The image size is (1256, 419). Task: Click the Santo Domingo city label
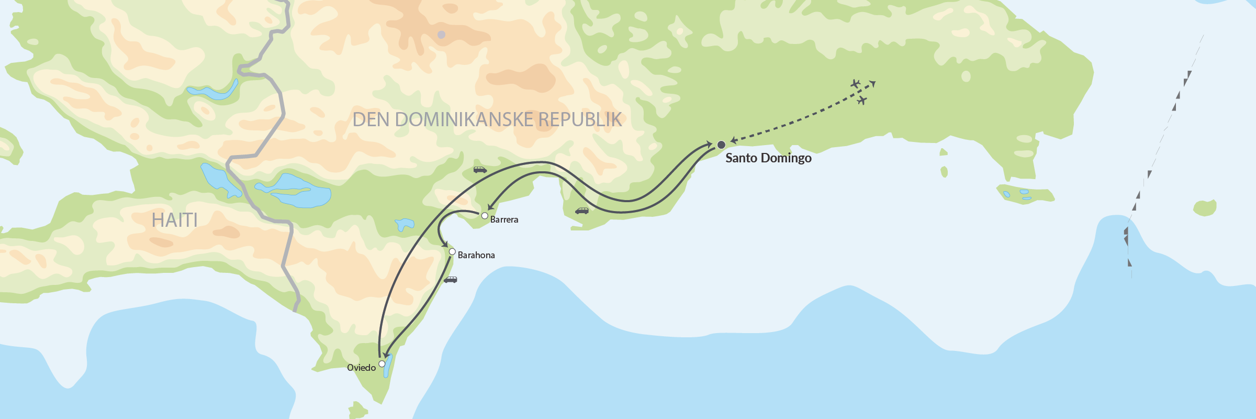[768, 158]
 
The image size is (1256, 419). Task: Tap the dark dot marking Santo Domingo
[721, 145]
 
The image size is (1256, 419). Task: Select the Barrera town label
[504, 220]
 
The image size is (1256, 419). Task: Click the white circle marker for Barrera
[485, 216]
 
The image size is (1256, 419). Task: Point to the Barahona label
[476, 256]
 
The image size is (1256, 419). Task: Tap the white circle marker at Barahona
[452, 252]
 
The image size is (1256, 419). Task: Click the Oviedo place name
[361, 368]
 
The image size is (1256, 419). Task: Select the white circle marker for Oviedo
[382, 363]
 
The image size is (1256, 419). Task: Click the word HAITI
[174, 220]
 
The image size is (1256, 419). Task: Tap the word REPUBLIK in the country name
[580, 120]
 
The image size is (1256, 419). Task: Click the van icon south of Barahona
[451, 280]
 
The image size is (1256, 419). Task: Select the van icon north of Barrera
[480, 170]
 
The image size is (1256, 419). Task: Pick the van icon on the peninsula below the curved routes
[582, 211]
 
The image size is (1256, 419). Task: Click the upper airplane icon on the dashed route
[855, 84]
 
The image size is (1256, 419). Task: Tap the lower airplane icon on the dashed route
[862, 100]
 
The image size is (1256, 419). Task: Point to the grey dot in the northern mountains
[441, 35]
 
